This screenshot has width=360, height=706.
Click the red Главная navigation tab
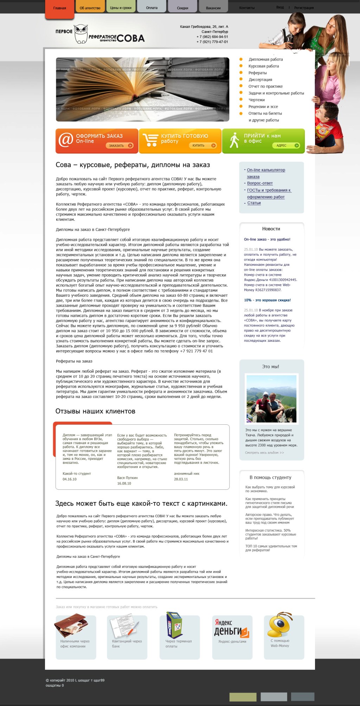point(59,8)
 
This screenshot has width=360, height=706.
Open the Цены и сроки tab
point(121,8)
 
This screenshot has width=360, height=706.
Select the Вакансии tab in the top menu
point(213,8)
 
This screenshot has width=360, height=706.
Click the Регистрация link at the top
point(304,8)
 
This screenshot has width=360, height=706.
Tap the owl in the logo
point(81,34)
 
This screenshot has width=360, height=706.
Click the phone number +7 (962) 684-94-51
point(212,37)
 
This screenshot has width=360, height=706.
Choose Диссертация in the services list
point(260,80)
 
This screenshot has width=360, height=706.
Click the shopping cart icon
point(151,140)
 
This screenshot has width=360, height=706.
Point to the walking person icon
point(234,140)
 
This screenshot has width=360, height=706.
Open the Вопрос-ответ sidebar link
point(260,183)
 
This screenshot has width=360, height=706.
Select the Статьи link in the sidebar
point(254,203)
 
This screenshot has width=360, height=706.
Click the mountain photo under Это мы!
point(271,398)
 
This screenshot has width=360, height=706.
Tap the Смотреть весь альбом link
point(264,453)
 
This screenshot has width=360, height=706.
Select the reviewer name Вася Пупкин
point(127,478)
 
